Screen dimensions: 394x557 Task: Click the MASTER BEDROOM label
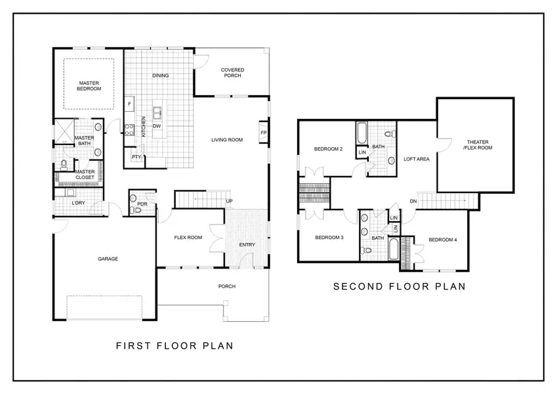coord(89,85)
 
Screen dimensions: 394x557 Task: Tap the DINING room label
coord(161,76)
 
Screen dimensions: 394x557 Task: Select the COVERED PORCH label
coord(231,72)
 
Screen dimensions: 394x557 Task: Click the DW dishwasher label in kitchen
coord(157,126)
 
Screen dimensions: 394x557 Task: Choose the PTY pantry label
coord(136,157)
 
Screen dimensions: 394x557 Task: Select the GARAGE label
coord(108,259)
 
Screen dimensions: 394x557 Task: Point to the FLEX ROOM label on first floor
coord(187,238)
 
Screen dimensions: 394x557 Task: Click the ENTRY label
coord(247,245)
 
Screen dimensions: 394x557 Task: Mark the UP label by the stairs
coord(229,201)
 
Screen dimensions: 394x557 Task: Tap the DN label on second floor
coord(413,201)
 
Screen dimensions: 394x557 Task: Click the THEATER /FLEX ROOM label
coord(479,145)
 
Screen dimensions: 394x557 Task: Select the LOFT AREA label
coord(416,159)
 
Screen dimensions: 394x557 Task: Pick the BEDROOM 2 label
coord(328,149)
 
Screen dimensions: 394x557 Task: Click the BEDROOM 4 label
coord(442,240)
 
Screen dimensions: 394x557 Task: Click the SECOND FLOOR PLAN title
coord(399,286)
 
